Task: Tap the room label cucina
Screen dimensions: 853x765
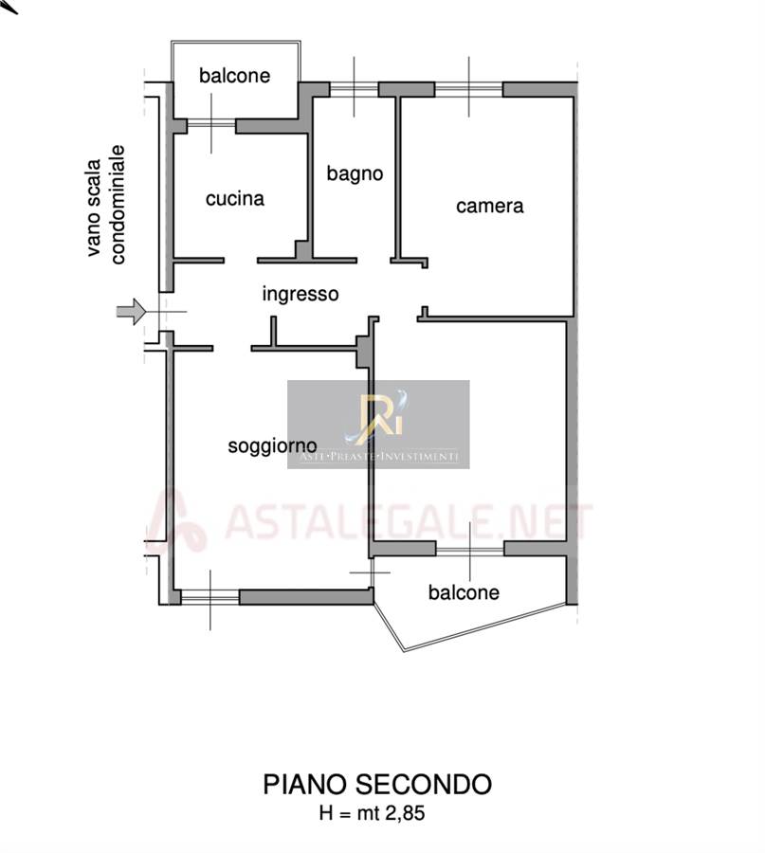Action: click(x=235, y=199)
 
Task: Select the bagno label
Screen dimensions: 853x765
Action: click(x=355, y=173)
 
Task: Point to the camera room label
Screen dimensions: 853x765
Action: click(x=490, y=206)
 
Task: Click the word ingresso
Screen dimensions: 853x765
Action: click(x=301, y=294)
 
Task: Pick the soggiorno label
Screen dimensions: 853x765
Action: click(x=272, y=445)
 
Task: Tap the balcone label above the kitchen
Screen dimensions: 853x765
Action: click(x=234, y=76)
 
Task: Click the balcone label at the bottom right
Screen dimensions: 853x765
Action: click(x=464, y=593)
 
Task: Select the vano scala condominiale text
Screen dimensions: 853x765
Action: click(x=106, y=202)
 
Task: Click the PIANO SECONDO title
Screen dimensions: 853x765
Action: click(x=377, y=785)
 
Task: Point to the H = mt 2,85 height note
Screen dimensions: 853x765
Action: click(x=377, y=812)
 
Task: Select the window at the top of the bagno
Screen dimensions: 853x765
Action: click(x=354, y=91)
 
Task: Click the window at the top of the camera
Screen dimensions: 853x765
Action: click(x=468, y=91)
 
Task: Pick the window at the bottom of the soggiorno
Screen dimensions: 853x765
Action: click(x=209, y=596)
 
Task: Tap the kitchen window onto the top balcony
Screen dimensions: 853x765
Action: click(x=210, y=125)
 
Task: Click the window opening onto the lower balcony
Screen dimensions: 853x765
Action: click(x=470, y=548)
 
